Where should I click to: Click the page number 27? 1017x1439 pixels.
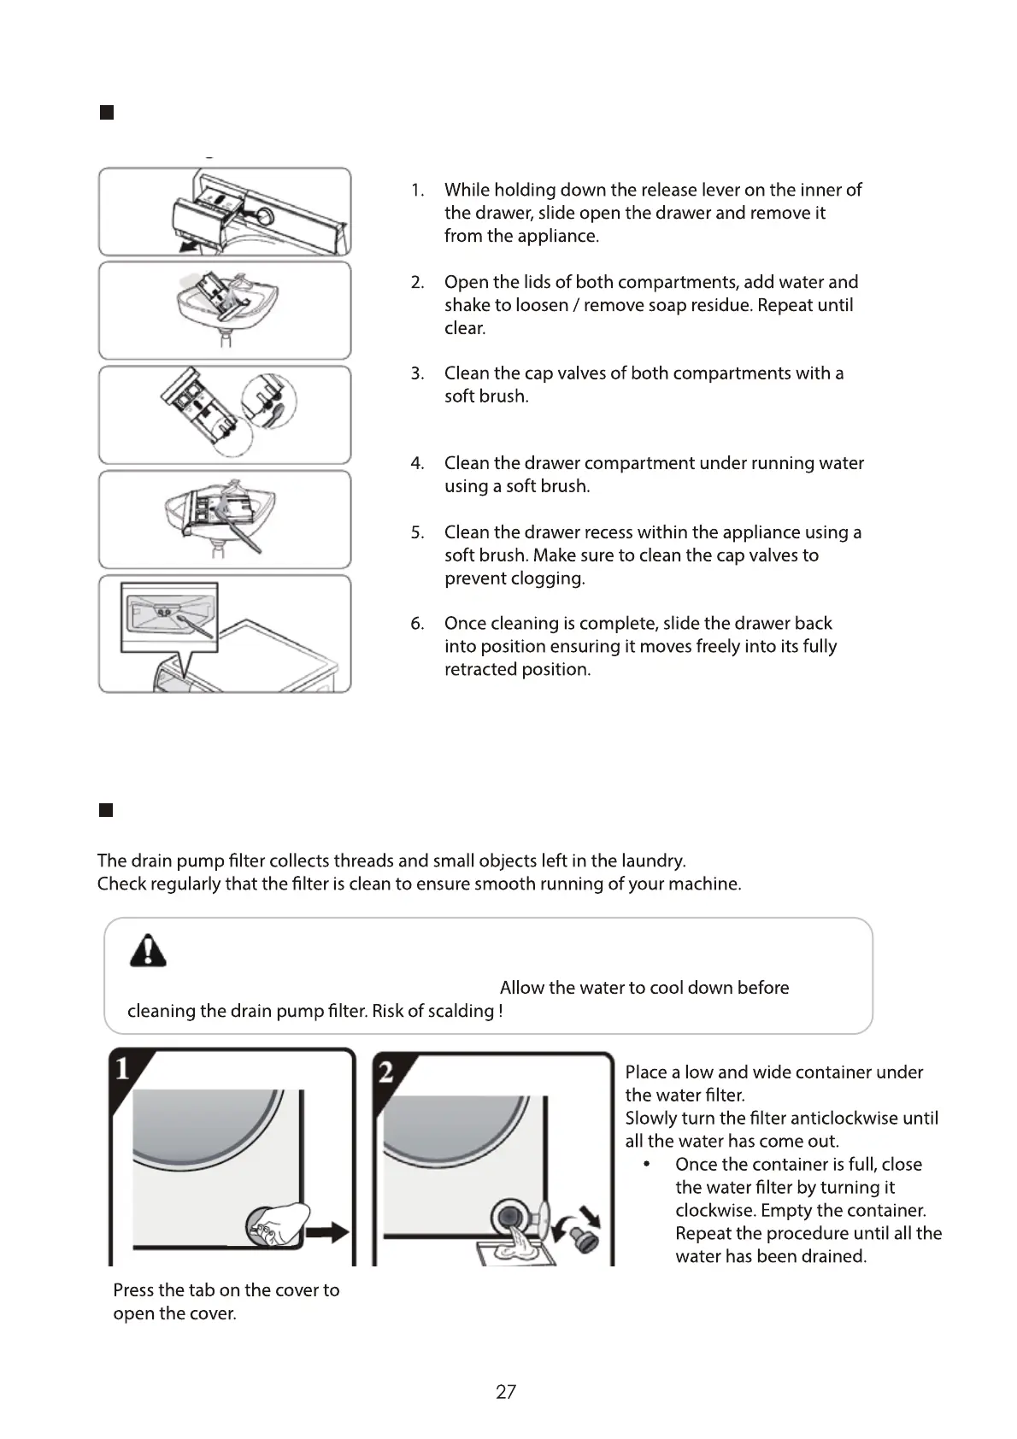pyautogui.click(x=506, y=1392)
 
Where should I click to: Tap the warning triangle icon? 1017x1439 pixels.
pyautogui.click(x=148, y=950)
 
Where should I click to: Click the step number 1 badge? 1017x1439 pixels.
pyautogui.click(x=123, y=1069)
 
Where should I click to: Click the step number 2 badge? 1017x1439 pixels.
pyautogui.click(x=386, y=1072)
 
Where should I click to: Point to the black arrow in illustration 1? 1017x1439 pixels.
pyautogui.click(x=328, y=1232)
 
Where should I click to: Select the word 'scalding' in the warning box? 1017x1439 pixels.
pyautogui.click(x=459, y=1012)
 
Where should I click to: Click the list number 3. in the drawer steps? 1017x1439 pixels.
pyautogui.click(x=417, y=373)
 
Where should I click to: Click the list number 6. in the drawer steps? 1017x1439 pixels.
pyautogui.click(x=417, y=624)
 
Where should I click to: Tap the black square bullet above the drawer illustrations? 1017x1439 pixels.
pyautogui.click(x=107, y=113)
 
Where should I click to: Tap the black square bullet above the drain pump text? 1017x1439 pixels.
pyautogui.click(x=106, y=810)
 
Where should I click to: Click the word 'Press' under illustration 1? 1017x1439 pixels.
pyautogui.click(x=134, y=1290)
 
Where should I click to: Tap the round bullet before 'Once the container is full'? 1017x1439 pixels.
pyautogui.click(x=647, y=1165)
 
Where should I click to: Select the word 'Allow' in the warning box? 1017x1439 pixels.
pyautogui.click(x=522, y=988)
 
